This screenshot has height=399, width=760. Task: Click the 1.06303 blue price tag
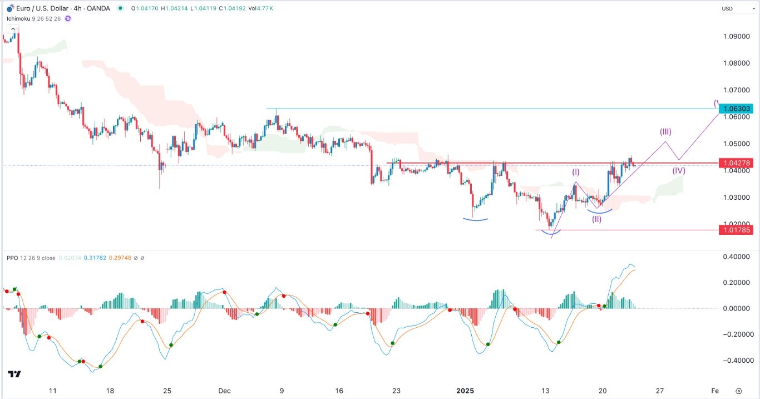(736, 108)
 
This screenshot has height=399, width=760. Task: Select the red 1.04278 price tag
(736, 163)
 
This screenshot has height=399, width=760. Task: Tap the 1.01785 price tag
(736, 229)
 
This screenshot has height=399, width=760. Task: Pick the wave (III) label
(665, 132)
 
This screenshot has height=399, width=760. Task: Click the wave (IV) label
(678, 171)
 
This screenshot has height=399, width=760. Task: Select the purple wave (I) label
(576, 173)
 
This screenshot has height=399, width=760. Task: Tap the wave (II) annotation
(596, 219)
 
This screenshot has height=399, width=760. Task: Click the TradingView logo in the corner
(14, 374)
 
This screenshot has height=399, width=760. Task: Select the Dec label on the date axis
(224, 391)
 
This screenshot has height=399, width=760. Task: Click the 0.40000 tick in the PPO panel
(736, 257)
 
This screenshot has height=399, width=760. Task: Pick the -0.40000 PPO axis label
(734, 361)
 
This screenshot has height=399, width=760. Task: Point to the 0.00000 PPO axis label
(736, 308)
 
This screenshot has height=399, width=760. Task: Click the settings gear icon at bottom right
(738, 391)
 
